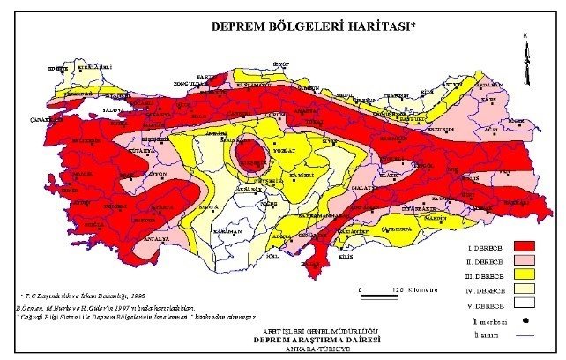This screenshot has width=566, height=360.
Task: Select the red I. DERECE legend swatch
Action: point(526,245)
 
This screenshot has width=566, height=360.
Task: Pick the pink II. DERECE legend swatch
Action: point(526,261)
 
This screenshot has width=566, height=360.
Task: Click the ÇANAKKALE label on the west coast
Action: point(44,118)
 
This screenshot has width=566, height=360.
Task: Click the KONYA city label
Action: point(209,206)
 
